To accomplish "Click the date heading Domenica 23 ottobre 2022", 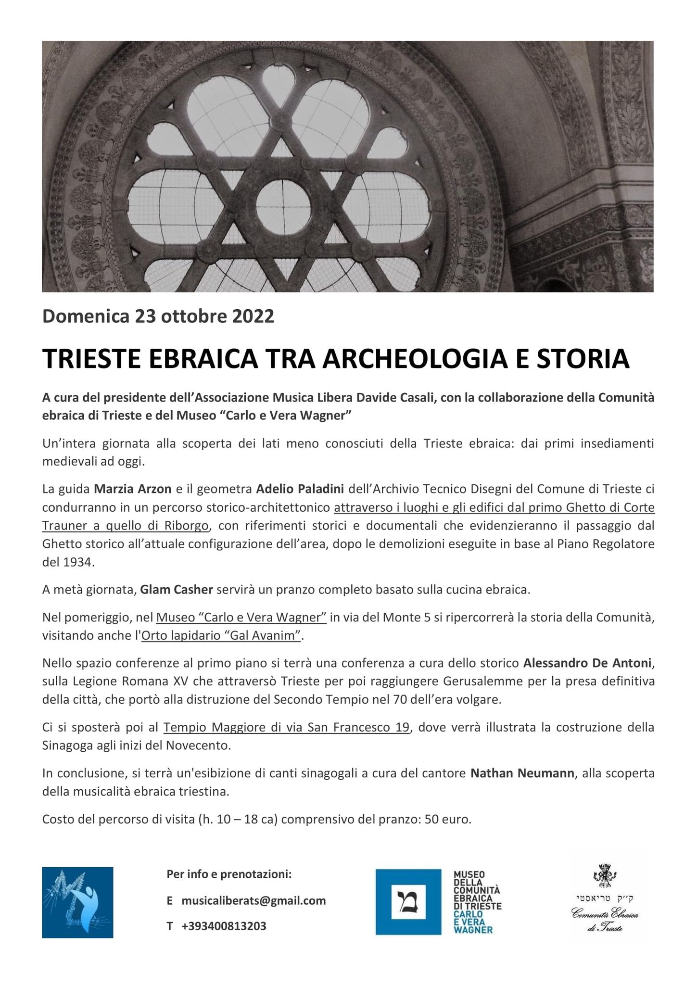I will pos(158,316).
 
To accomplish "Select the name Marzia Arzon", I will pos(133,489).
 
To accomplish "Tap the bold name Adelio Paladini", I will pos(300,489).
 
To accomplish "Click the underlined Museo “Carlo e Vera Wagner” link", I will pos(242,617).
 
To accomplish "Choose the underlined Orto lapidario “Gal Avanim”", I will pos(221,635).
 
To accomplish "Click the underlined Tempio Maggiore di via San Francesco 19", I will pos(286,727).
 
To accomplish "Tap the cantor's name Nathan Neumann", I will pos(522,773).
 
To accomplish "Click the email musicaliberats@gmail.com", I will pos(253,900).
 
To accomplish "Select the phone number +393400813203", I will pos(224,926).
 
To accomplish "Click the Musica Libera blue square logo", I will pos(77,902).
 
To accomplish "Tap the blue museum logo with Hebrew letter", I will pos(408,902).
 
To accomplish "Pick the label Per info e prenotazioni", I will pos(229,874).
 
